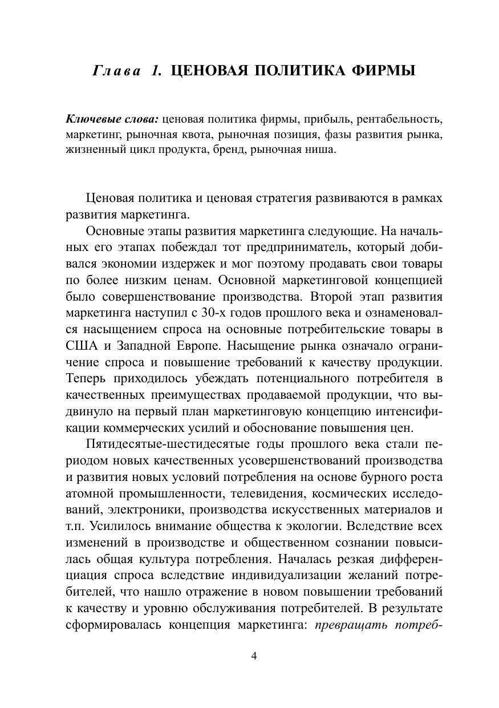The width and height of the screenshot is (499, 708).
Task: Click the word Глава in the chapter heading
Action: coord(116,71)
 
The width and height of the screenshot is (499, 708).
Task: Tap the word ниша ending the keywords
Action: coord(322,150)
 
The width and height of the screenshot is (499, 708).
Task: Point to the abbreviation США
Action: coord(79,346)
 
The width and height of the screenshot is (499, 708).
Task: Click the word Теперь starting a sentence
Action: coord(84,378)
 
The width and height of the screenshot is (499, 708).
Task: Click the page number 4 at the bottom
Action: coord(254,656)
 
